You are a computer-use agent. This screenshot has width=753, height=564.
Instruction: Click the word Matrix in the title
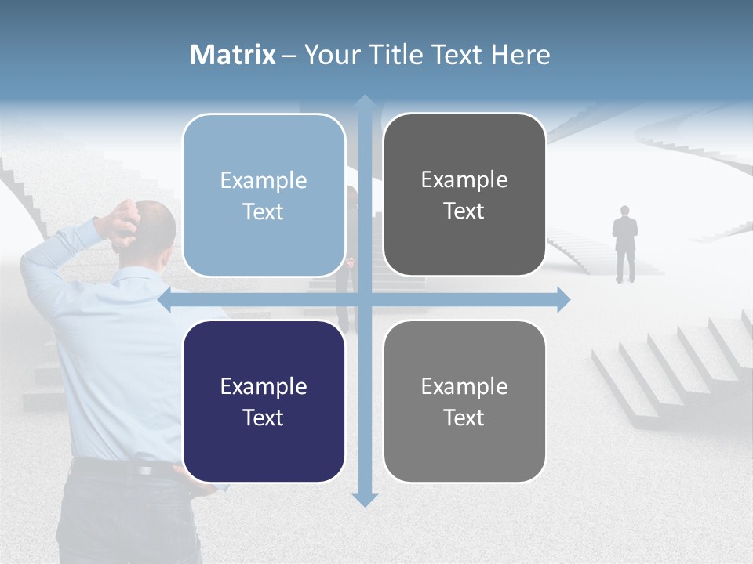(233, 55)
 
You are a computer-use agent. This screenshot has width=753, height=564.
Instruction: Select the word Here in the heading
(520, 55)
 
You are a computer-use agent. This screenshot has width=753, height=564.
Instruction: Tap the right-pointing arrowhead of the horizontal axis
(562, 299)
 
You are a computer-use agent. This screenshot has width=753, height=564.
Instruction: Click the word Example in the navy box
(264, 386)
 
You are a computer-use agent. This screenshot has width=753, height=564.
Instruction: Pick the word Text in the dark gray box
(464, 211)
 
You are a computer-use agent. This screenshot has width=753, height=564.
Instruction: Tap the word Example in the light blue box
(264, 180)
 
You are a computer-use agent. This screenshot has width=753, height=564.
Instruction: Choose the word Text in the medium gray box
(464, 418)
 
